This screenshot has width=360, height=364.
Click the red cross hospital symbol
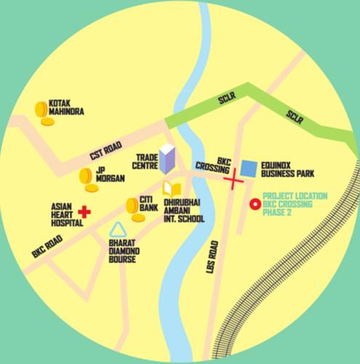pos(84,212)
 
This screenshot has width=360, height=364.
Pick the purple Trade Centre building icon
pos(167,158)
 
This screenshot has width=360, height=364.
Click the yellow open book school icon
pos(169,188)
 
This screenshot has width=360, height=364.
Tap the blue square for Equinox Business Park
pos(249,168)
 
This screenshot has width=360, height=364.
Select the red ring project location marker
pos(255,205)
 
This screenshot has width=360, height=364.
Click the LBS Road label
pos(213,259)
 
